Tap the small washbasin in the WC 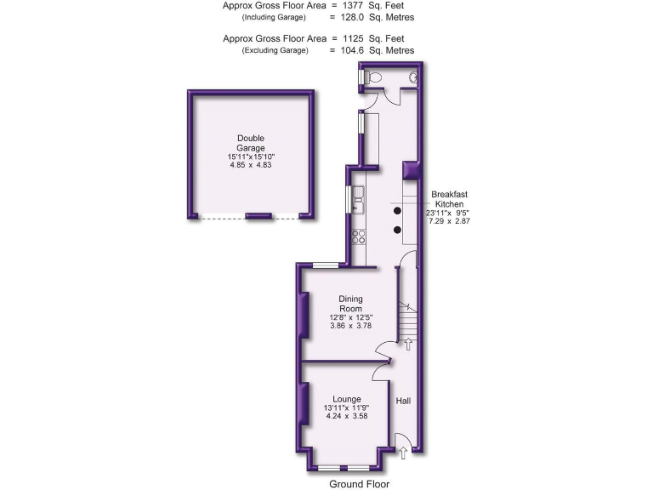coord(413,77)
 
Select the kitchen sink coord(359,200)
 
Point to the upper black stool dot coord(397,210)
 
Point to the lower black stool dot coord(397,230)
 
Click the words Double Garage coord(251,143)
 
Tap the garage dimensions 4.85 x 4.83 coord(251,165)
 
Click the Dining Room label coord(350,304)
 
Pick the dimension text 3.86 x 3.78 coord(350,326)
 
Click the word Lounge coord(346,399)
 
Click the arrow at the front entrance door coord(403,454)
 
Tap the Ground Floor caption coord(359,484)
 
